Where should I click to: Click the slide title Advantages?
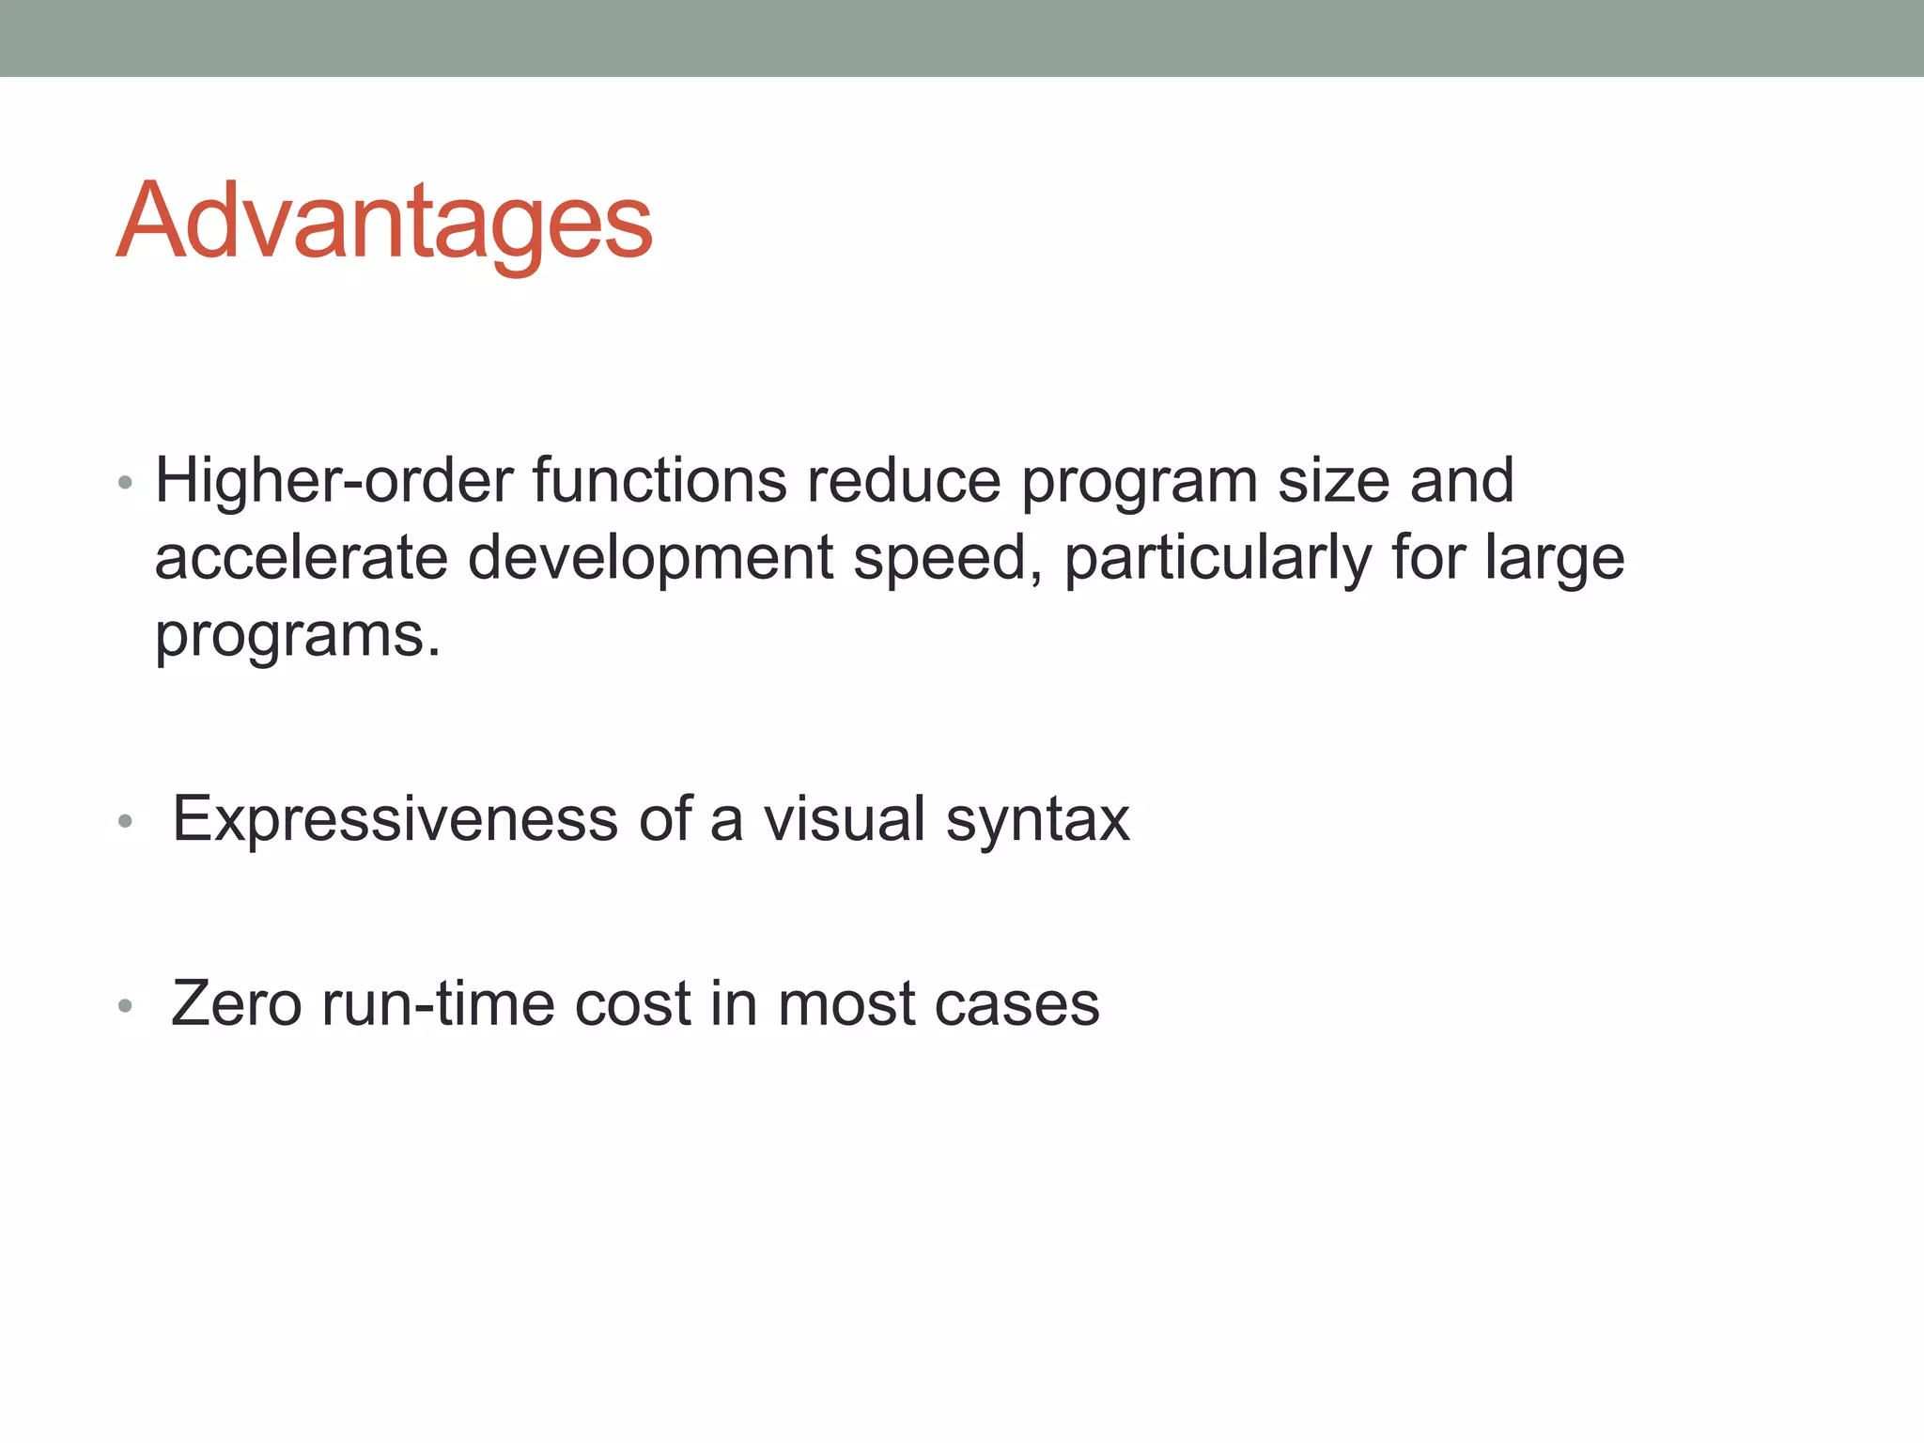point(384,222)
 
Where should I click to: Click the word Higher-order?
point(334,481)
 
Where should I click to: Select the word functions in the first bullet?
point(659,481)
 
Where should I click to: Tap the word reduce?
point(904,481)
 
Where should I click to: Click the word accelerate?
point(301,558)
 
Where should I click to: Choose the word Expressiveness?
point(395,819)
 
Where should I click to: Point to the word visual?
point(845,819)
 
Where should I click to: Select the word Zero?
point(237,1003)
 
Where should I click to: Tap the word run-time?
point(438,1003)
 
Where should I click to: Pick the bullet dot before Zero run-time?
point(125,1007)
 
